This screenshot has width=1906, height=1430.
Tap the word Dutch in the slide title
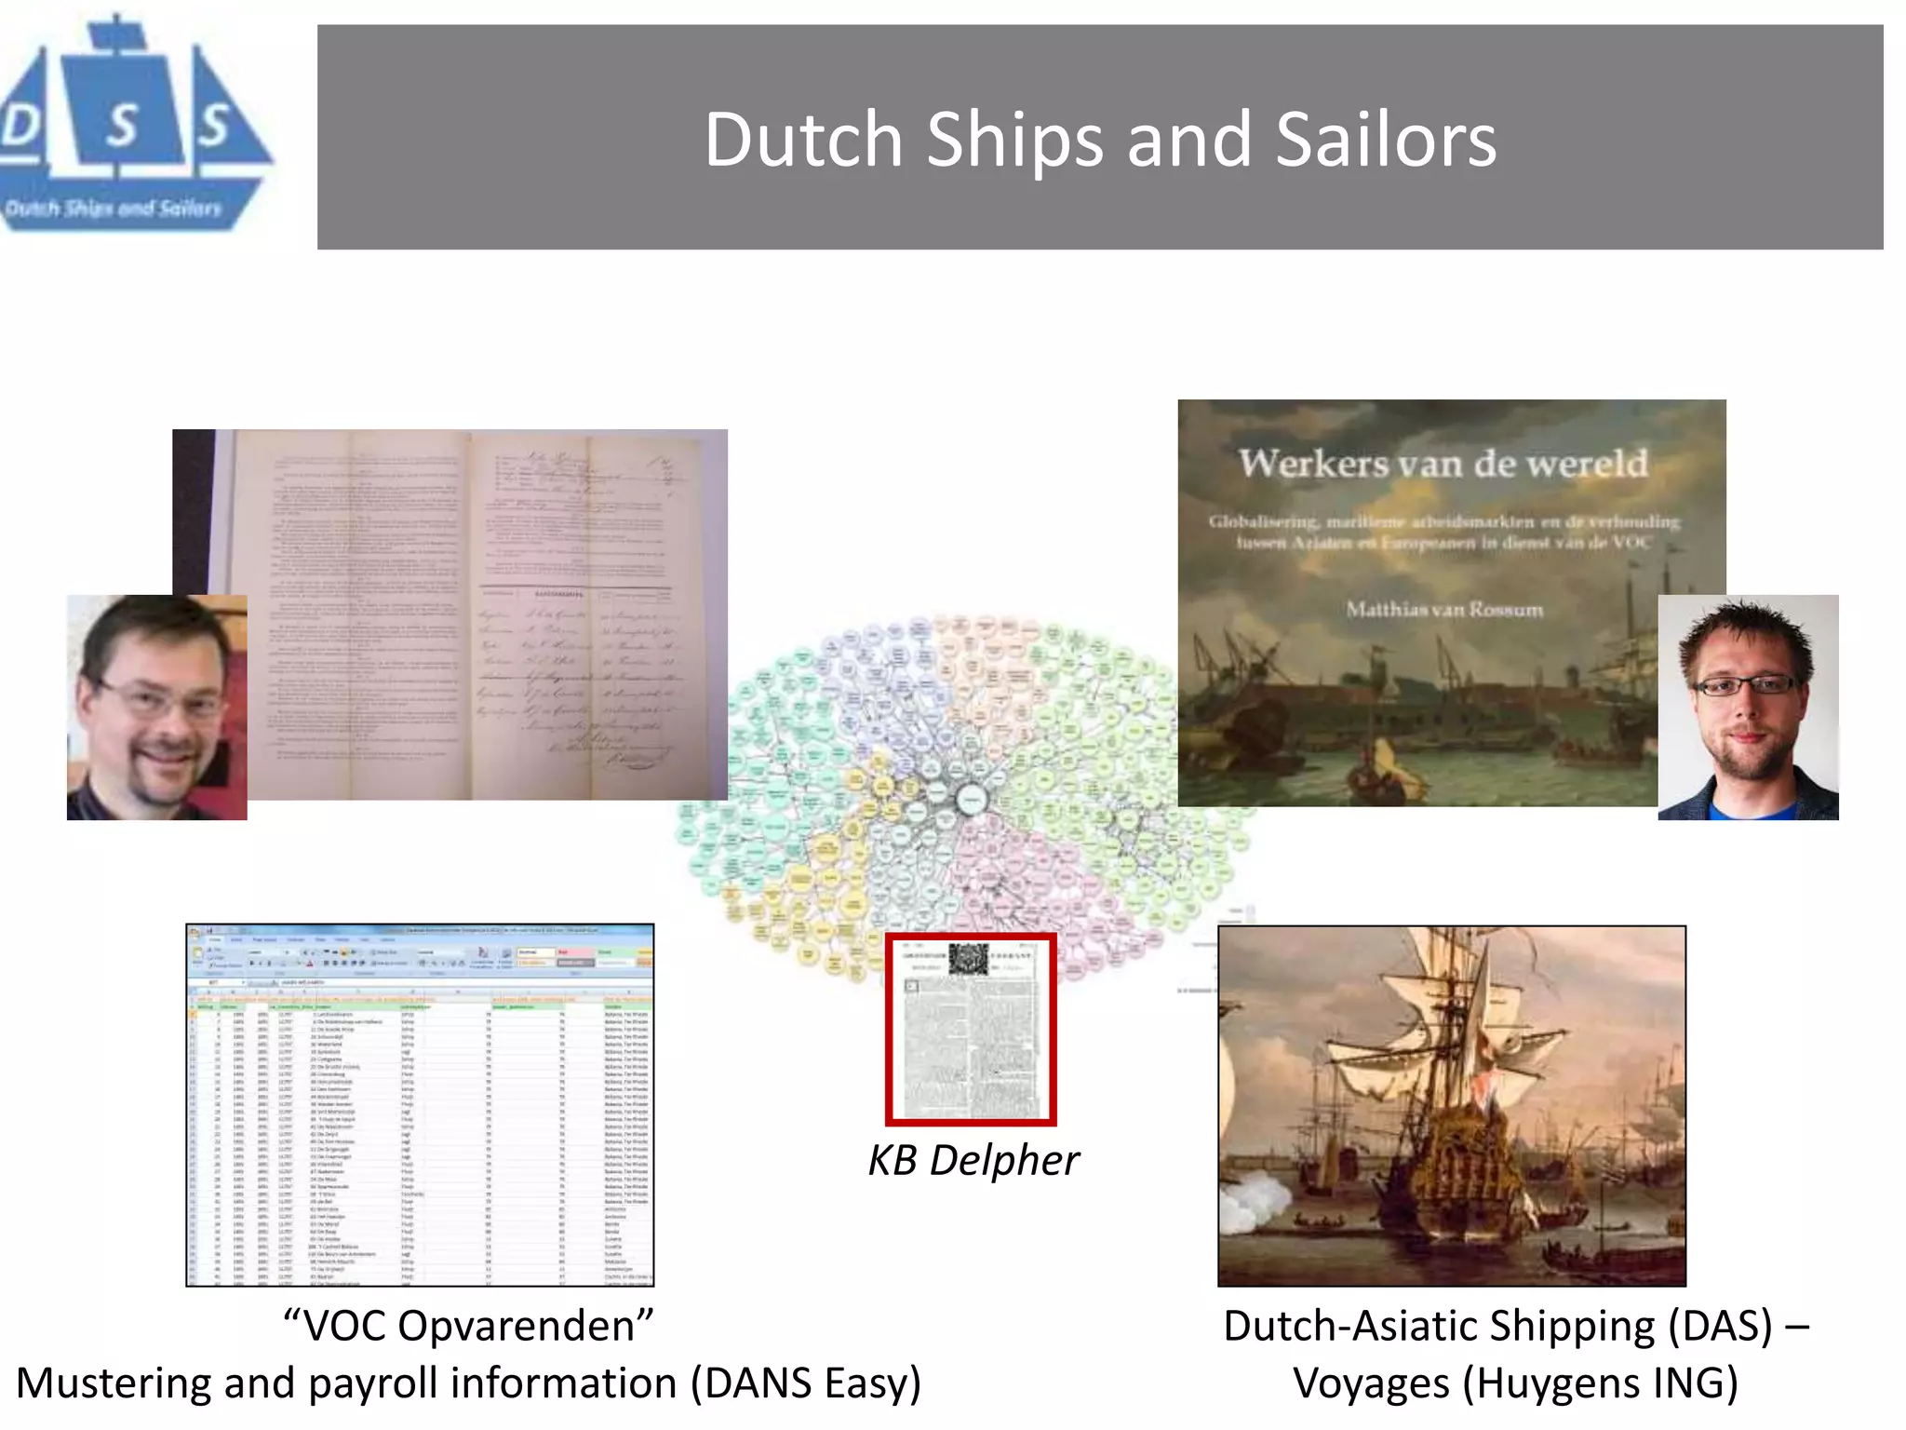[x=802, y=140]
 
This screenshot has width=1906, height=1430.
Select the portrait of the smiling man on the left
[x=156, y=708]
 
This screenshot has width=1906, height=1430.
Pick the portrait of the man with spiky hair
[x=1748, y=708]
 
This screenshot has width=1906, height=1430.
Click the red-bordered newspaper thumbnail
[x=971, y=1029]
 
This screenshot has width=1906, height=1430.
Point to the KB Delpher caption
[x=973, y=1160]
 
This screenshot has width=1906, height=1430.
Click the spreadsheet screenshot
[x=420, y=1105]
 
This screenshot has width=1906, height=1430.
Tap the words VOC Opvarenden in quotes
[x=468, y=1325]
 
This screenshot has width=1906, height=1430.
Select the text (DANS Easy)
[x=805, y=1383]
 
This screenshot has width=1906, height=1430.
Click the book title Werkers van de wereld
[x=1443, y=463]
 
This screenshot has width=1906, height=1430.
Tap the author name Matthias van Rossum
[x=1444, y=610]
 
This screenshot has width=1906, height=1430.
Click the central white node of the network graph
[x=971, y=799]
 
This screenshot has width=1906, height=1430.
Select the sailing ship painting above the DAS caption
[x=1452, y=1105]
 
